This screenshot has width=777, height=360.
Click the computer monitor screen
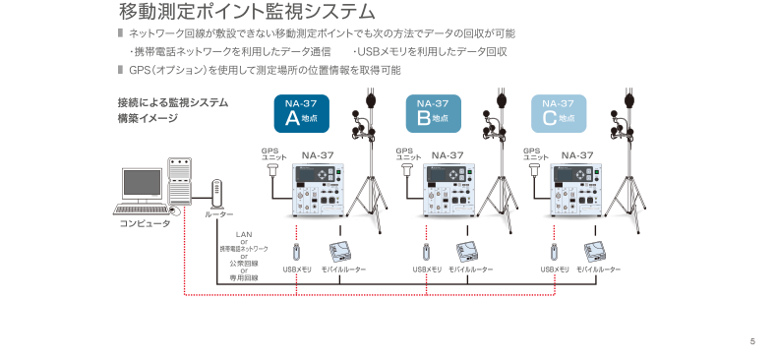143,183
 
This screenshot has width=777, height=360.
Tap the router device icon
217,194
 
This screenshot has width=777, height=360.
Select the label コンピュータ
145,223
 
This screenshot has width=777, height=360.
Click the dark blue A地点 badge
301,113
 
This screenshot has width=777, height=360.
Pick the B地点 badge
433,113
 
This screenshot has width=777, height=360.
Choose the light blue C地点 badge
559,113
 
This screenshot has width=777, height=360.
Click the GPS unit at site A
272,171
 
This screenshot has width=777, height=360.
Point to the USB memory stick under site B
426,252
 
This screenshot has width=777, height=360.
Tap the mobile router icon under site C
595,252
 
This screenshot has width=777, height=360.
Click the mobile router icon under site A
340,252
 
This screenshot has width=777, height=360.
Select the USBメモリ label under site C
555,270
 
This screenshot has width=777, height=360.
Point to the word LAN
244,234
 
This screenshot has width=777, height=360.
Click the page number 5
752,341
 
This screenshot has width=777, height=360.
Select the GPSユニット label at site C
536,153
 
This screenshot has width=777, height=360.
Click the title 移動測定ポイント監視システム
247,12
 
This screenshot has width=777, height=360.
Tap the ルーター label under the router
218,214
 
